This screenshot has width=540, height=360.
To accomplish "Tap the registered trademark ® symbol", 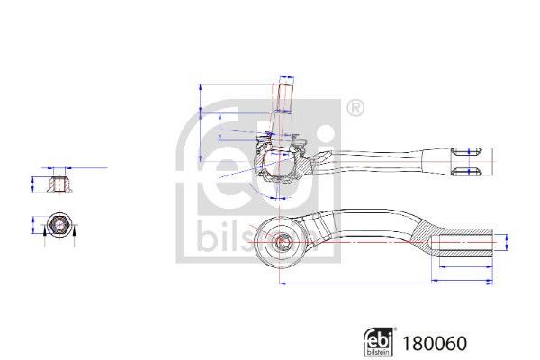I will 355,110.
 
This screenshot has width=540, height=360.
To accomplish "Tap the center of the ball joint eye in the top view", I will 281,240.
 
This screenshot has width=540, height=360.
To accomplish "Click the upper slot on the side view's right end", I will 472,150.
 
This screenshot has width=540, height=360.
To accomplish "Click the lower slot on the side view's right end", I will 472,170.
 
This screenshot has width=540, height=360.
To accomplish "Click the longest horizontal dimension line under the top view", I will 387,283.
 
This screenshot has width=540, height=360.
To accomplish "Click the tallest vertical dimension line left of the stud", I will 197,130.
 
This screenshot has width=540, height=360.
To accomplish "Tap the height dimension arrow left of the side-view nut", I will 34,184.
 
